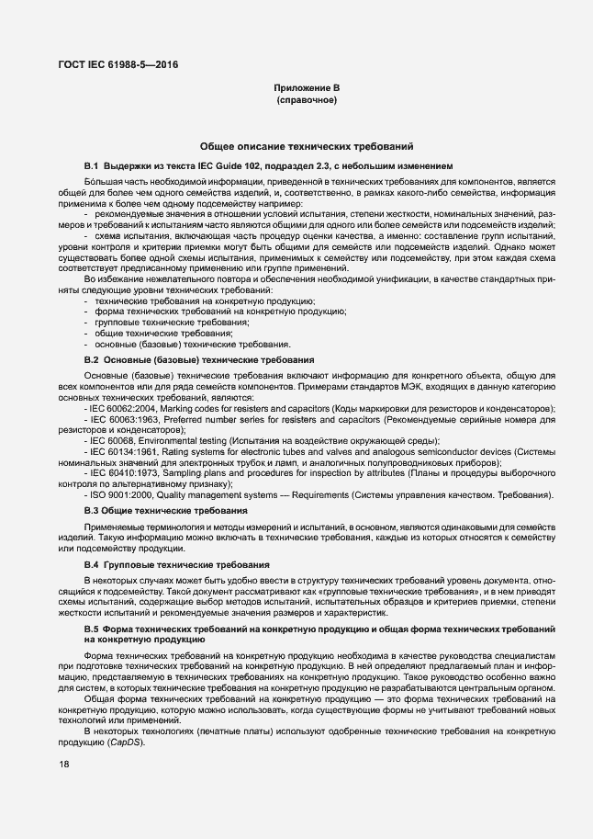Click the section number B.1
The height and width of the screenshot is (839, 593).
(x=91, y=165)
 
